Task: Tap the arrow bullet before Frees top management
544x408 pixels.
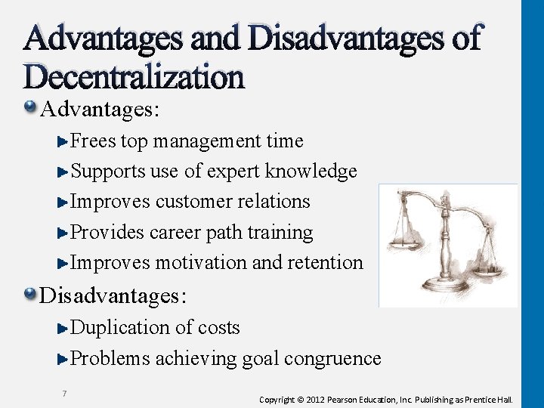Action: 63,141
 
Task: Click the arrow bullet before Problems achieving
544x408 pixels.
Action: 63,359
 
